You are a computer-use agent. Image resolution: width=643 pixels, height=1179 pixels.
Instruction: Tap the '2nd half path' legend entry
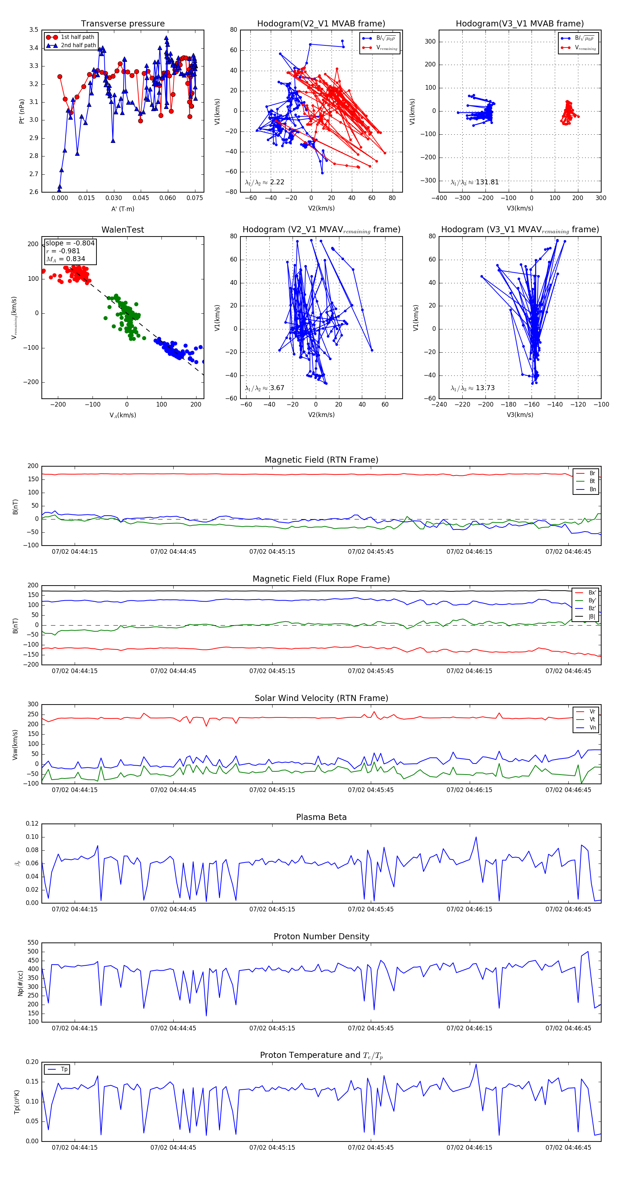pos(78,45)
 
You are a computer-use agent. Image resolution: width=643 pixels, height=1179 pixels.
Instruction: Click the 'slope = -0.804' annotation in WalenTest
pos(70,243)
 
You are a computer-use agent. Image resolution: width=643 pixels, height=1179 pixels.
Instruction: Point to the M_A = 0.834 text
pos(65,259)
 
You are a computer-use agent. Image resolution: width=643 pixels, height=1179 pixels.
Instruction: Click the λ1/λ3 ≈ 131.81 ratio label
pos(475,182)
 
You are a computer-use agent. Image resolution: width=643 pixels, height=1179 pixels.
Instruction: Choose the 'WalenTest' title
pos(123,230)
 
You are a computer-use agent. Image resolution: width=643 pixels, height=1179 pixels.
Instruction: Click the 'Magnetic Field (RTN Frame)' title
pos(321,460)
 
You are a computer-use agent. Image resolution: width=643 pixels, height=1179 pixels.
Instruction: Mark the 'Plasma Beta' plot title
pos(321,817)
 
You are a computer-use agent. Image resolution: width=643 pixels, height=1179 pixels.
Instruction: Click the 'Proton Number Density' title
pos(321,936)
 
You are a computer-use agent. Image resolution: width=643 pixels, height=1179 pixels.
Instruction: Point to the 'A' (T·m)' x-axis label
pos(123,209)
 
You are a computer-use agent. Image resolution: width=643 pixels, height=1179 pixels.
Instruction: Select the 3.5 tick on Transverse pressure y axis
pos(34,30)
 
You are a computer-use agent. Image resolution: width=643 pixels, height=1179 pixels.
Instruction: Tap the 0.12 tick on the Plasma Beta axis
pos(32,824)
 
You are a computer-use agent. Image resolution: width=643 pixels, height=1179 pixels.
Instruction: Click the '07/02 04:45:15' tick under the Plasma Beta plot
pos(272,909)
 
